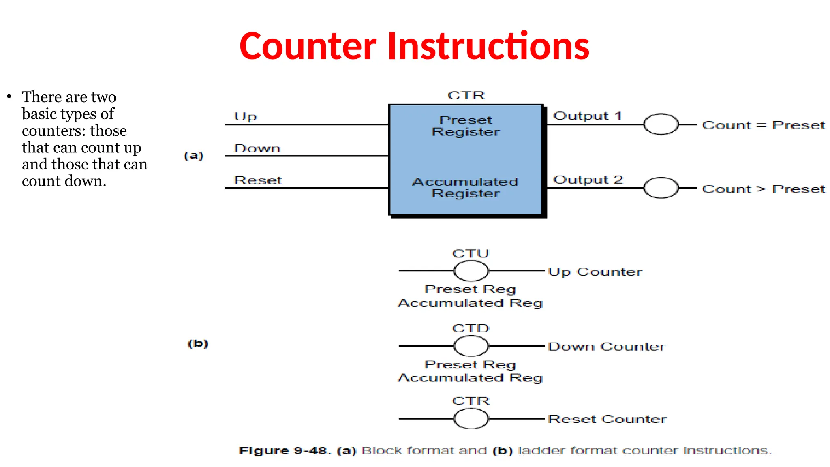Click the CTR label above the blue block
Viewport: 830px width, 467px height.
pos(466,95)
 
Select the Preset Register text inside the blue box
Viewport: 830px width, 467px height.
pos(466,126)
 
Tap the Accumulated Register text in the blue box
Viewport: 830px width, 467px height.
pos(466,187)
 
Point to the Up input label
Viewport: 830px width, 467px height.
pos(245,117)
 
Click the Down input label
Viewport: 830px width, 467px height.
pos(257,148)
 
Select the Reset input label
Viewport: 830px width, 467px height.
pos(258,180)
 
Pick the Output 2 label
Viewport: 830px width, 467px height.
pos(588,180)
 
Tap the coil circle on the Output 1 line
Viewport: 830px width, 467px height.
pos(661,124)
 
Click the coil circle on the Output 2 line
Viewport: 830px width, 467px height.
pos(661,188)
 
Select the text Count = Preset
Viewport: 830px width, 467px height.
pos(764,125)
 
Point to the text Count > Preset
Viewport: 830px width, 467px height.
pos(764,189)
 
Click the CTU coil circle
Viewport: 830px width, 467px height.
pos(471,271)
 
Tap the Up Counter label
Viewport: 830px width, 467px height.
pos(595,272)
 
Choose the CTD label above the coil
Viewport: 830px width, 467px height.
pos(471,328)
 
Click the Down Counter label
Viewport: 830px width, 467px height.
pos(606,347)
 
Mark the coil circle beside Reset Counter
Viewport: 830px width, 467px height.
pos(471,419)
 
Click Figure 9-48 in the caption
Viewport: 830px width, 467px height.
pos(285,451)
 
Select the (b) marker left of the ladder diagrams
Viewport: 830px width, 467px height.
pos(198,344)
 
